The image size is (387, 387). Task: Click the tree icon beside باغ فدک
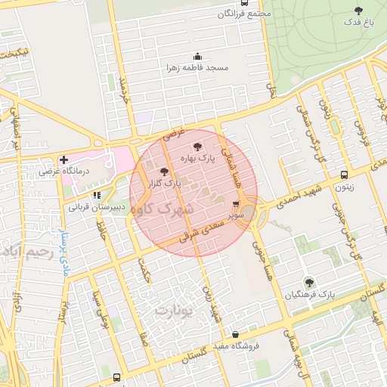tap(358, 11)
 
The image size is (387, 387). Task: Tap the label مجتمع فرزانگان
tap(243, 14)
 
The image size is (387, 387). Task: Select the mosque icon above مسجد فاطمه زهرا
tap(198, 56)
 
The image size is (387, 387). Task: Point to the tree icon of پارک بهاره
tap(197, 147)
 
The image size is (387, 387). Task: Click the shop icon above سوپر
tap(236, 204)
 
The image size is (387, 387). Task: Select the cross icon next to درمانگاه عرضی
tap(63, 159)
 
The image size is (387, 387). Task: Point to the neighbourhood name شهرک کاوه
tap(162, 207)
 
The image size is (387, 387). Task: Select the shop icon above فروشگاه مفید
tap(235, 333)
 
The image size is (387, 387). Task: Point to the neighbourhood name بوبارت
tap(174, 309)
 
